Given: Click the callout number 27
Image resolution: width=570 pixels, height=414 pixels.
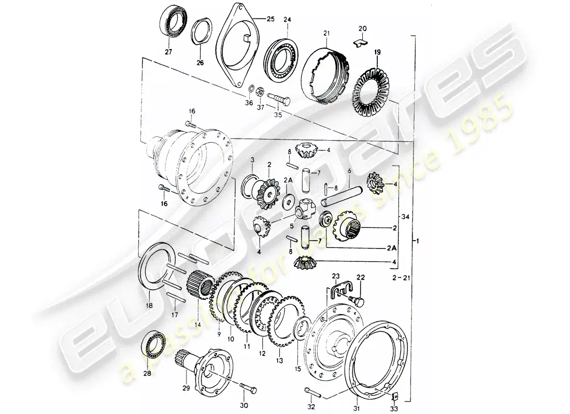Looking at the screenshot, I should (x=167, y=52).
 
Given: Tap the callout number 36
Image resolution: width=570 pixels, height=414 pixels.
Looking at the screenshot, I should (x=249, y=103).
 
